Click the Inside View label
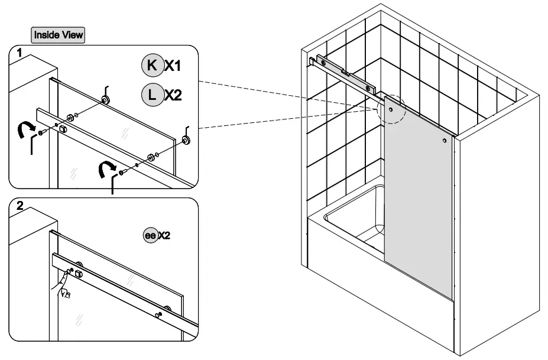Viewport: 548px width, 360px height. (58, 35)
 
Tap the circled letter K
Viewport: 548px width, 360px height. (151, 66)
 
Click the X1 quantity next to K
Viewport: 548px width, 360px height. (172, 66)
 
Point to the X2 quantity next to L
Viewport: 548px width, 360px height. (173, 95)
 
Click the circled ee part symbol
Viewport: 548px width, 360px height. (150, 235)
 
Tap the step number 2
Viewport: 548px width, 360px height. (20, 206)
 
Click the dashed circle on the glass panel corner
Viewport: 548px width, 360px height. (390, 109)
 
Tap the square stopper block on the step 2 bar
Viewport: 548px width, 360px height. (79, 273)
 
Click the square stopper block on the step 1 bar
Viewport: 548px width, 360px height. (63, 128)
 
